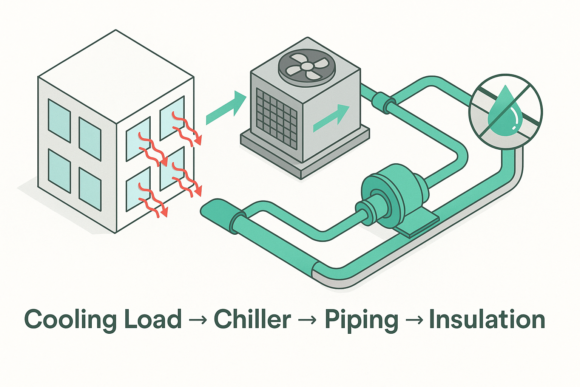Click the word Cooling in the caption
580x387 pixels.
tap(68, 320)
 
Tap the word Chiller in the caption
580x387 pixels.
tap(252, 320)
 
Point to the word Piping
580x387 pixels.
tap(361, 320)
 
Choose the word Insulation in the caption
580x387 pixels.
tap(487, 320)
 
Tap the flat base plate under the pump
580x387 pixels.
tap(419, 225)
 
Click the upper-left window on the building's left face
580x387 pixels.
tap(59, 120)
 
